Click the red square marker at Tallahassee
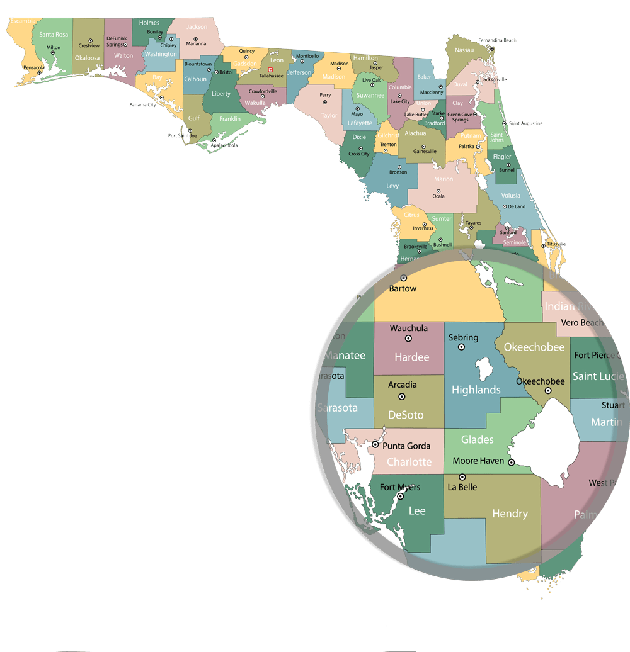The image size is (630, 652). point(270,69)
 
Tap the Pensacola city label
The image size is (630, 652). point(33,67)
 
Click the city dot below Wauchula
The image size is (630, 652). point(408,339)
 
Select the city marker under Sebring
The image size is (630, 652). point(461,347)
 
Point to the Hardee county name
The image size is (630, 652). point(411,357)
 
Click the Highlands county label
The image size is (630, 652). point(476,390)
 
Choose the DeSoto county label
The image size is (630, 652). point(406,415)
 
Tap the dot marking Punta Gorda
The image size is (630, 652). point(375,445)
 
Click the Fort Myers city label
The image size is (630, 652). point(399,487)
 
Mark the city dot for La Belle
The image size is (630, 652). point(462,476)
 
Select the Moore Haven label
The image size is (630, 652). point(478,461)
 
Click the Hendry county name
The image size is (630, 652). point(510,514)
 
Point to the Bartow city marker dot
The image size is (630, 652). point(403,278)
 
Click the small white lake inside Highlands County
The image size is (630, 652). point(483,369)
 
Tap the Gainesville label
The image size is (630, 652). point(425,152)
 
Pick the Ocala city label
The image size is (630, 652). point(438,196)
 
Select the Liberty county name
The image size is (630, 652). point(221,94)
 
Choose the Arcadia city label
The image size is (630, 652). point(402,385)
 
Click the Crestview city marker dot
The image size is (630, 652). point(91,41)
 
